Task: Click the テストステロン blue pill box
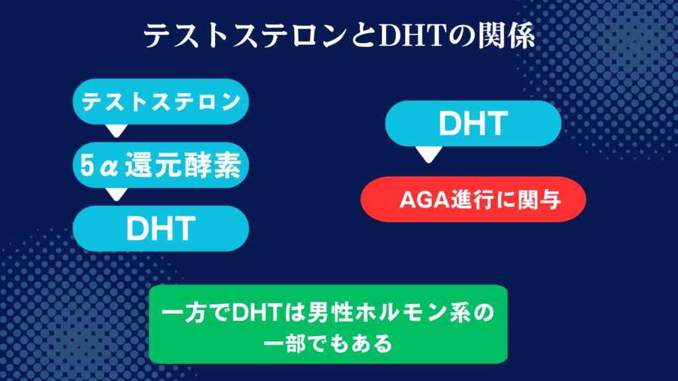[x=161, y=101]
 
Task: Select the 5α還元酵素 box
[x=161, y=165]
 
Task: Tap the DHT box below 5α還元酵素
[x=161, y=228]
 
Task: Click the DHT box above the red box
[x=473, y=124]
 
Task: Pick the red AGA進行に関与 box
[x=473, y=199]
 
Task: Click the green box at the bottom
[x=328, y=324]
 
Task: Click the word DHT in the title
[x=412, y=36]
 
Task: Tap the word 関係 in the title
[x=507, y=36]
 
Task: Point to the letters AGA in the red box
[x=424, y=200]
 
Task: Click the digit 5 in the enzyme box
[x=87, y=165]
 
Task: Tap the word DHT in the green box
[x=258, y=313]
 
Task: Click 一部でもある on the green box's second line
[x=328, y=344]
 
